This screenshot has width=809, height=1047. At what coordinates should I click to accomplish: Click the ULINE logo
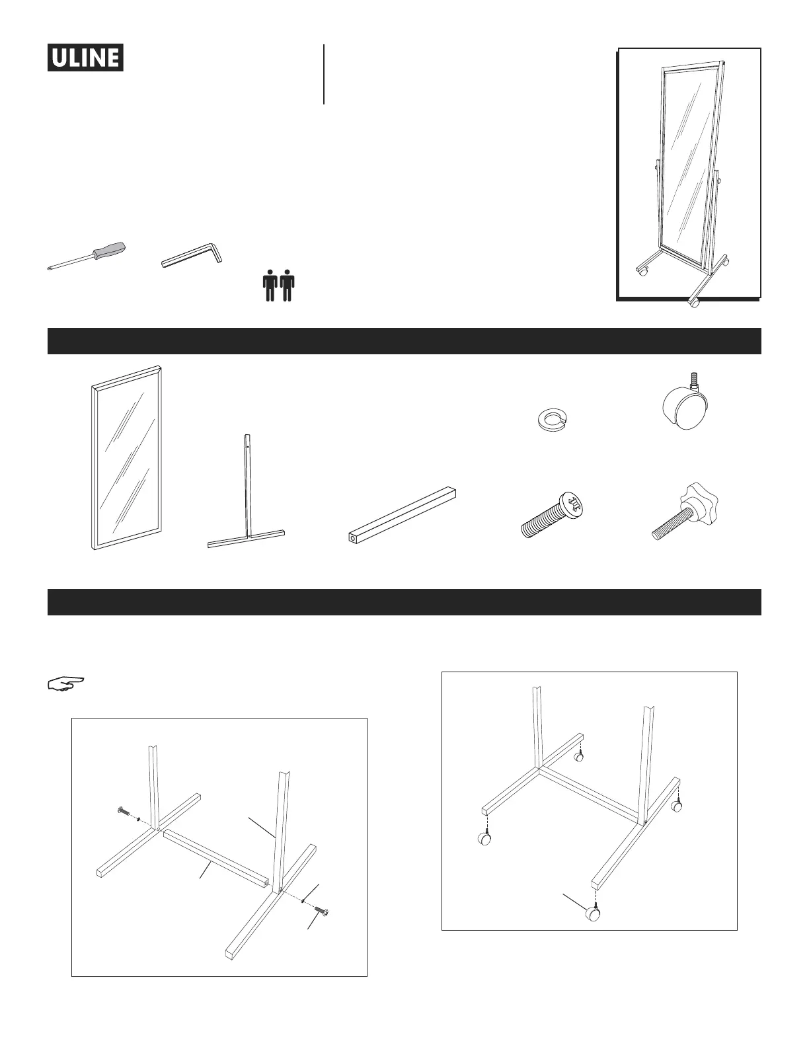coord(85,58)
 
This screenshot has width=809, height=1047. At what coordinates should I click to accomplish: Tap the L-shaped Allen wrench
coord(192,255)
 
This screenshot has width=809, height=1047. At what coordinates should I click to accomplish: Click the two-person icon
coord(278,286)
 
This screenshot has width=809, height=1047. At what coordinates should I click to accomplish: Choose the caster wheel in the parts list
coord(685,401)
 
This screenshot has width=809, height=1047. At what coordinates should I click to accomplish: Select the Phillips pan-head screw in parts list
coord(555,515)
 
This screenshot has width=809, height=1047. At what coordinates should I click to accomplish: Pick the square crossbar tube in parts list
coord(403,515)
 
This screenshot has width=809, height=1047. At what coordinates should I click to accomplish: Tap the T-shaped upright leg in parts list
coord(247,492)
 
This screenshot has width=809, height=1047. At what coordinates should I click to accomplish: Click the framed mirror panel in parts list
coord(126,457)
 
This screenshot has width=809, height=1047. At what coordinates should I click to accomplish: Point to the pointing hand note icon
coord(66,683)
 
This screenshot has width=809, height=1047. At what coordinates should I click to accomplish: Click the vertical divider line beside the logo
coord(324,74)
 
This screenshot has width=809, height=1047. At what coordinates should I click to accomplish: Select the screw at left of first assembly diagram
coord(124,812)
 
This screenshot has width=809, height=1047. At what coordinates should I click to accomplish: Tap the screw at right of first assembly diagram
coord(322,910)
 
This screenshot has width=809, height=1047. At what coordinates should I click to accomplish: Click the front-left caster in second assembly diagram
coord(484,839)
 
